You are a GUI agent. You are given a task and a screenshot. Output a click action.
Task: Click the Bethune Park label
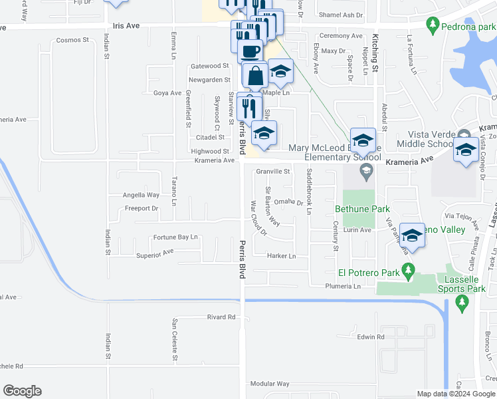tap(362, 209)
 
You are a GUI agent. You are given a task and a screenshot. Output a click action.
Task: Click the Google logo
tap(22, 391)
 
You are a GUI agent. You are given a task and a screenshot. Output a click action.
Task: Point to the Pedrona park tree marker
tap(433, 26)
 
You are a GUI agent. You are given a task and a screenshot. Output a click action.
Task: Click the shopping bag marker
tap(255, 76)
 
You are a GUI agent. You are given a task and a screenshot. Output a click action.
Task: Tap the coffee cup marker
tap(250, 51)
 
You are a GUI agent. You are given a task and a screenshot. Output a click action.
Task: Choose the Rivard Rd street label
tap(221, 317)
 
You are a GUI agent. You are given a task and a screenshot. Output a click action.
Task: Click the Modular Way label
tap(270, 384)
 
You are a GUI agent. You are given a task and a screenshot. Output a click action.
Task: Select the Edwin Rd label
tap(371, 337)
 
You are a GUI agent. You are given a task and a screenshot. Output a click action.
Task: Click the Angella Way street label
tap(141, 195)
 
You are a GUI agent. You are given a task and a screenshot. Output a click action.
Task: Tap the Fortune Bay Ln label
tap(176, 237)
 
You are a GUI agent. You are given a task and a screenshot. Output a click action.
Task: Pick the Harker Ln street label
tap(281, 256)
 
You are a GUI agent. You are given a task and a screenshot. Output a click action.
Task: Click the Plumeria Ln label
tap(343, 287)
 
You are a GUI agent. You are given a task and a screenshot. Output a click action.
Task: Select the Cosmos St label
tap(72, 40)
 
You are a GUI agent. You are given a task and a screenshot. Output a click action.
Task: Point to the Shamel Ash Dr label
tap(341, 15)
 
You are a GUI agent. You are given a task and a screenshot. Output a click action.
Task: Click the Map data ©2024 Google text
tap(456, 393)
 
